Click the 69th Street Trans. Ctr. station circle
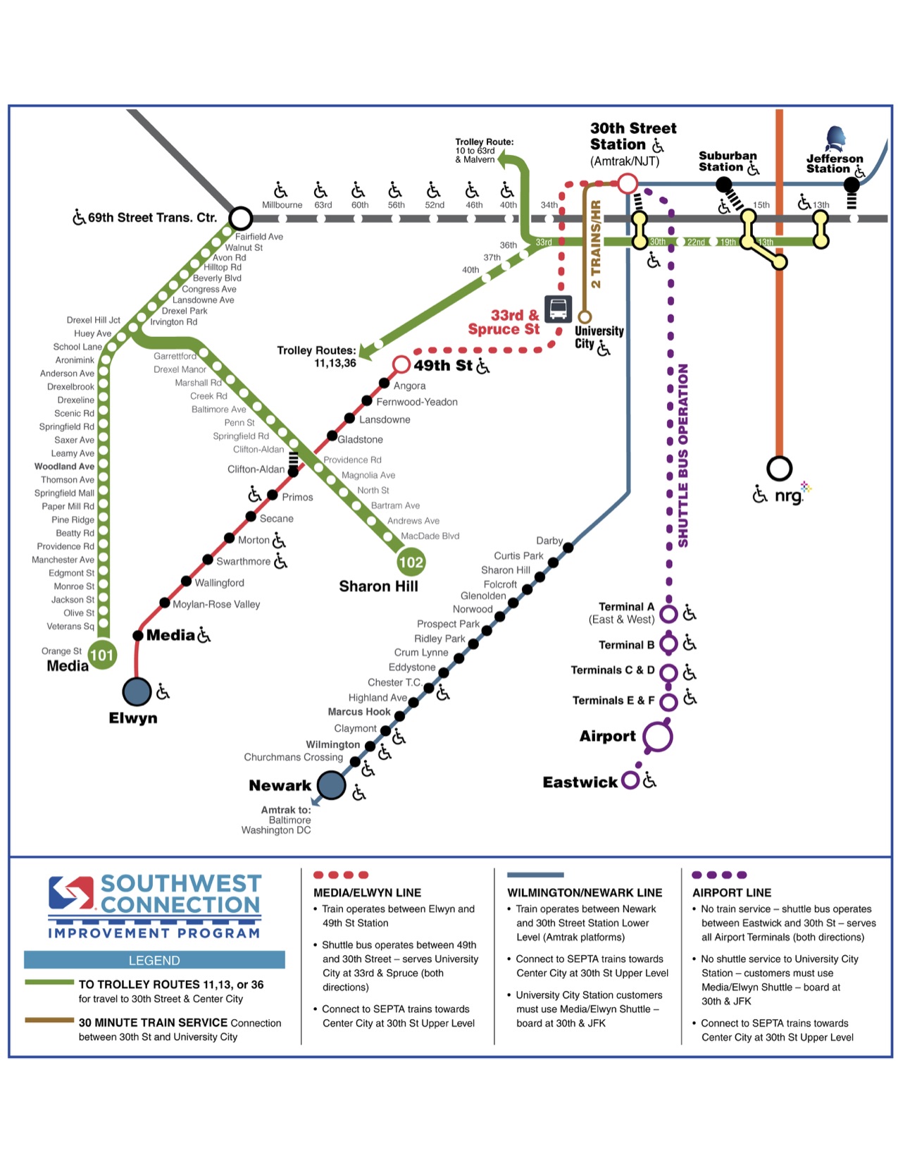[x=241, y=219]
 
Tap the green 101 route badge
[x=102, y=655]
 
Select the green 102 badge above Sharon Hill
[x=411, y=562]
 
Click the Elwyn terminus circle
[x=137, y=691]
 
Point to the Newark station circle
[x=331, y=784]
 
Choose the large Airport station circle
[x=657, y=737]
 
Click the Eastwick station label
[x=580, y=782]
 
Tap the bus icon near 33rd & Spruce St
[x=558, y=308]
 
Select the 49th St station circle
[x=401, y=364]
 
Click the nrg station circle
[x=779, y=468]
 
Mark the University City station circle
[x=585, y=317]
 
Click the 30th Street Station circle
[x=628, y=185]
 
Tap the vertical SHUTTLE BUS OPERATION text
[x=682, y=455]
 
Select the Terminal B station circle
[x=668, y=644]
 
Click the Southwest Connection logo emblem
[x=70, y=892]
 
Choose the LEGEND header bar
[x=154, y=960]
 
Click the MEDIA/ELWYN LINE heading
[x=367, y=892]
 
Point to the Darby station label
[x=549, y=541]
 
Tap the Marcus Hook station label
[x=358, y=712]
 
